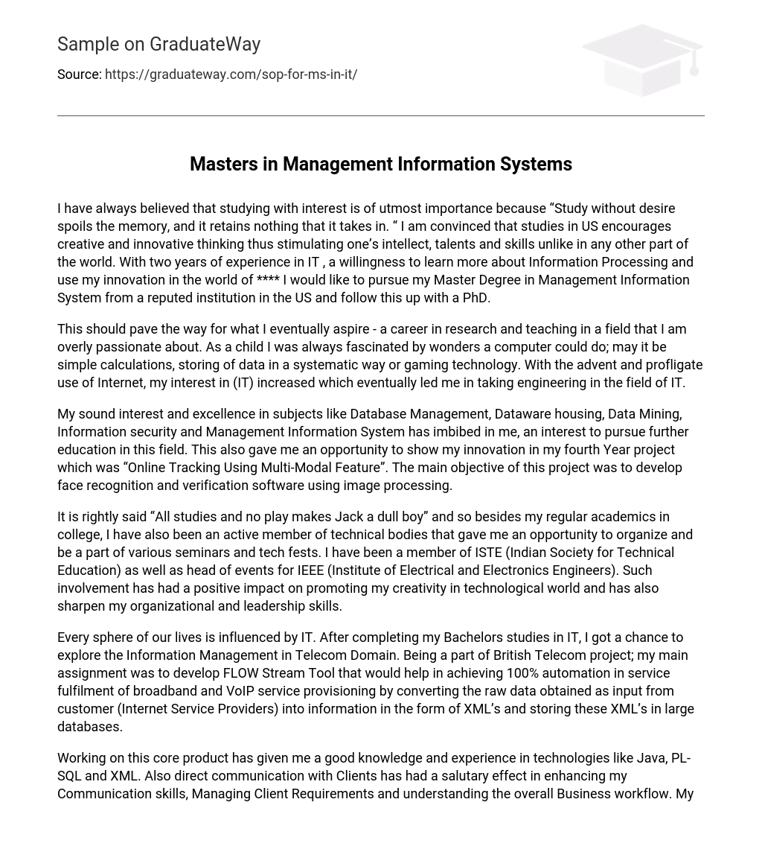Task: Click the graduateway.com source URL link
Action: (x=231, y=74)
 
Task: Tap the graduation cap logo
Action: (x=641, y=60)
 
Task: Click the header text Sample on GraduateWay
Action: (x=159, y=45)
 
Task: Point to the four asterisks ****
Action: (x=268, y=280)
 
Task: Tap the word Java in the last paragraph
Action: (x=652, y=758)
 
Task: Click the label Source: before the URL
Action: (x=79, y=74)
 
